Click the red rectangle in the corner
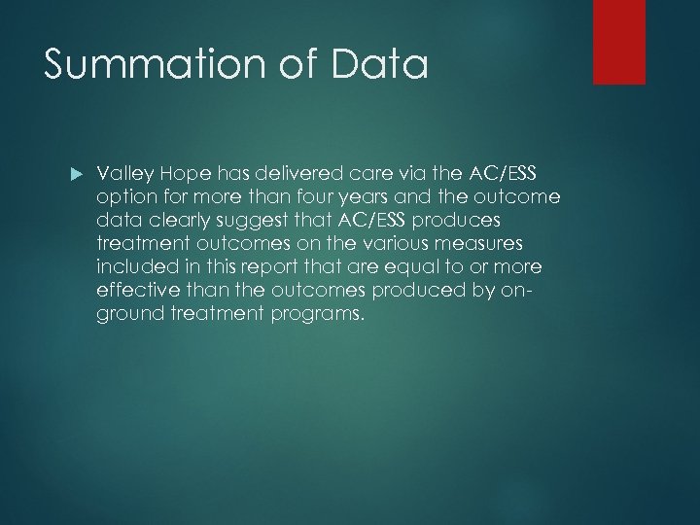pyautogui.click(x=619, y=41)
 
